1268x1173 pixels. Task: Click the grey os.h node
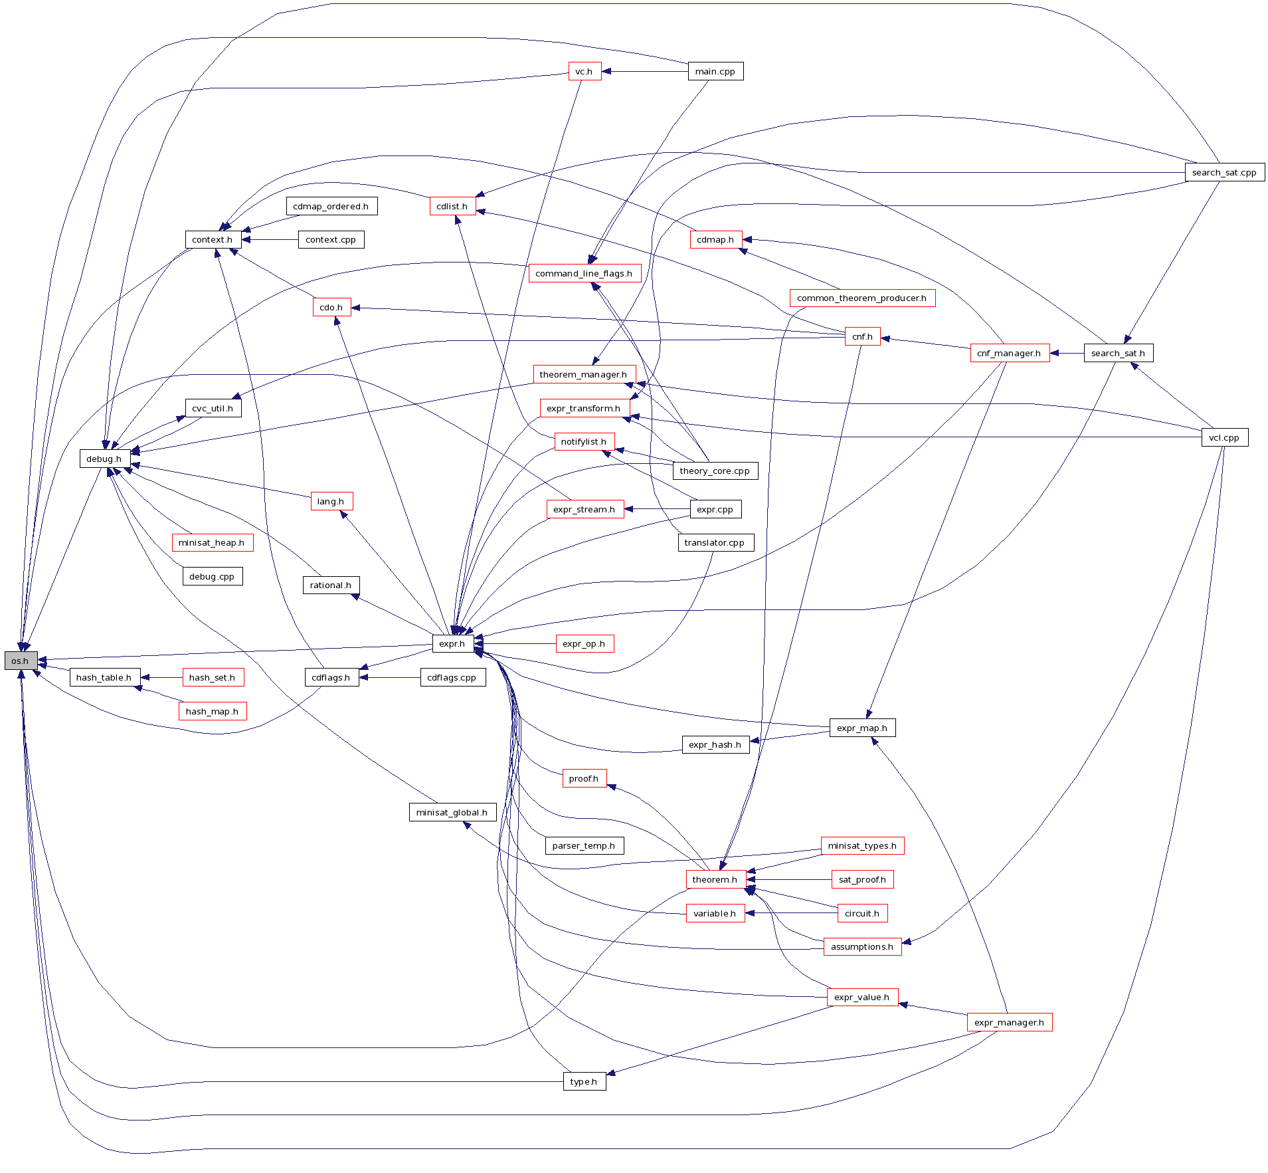pyautogui.click(x=21, y=661)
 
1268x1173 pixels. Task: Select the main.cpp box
pyautogui.click(x=715, y=71)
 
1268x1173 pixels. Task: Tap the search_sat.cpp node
pyautogui.click(x=1224, y=172)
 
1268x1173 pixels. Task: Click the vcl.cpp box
pyautogui.click(x=1224, y=437)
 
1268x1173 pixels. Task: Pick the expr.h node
pyautogui.click(x=452, y=643)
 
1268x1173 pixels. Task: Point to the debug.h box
pyautogui.click(x=104, y=459)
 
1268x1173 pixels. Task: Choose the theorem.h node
pyautogui.click(x=715, y=879)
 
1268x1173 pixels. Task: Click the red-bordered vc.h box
pyautogui.click(x=585, y=71)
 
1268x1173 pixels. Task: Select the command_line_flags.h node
pyautogui.click(x=584, y=273)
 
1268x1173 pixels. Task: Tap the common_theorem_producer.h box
pyautogui.click(x=861, y=298)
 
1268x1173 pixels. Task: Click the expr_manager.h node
pyautogui.click(x=1009, y=1022)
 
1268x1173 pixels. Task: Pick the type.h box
pyautogui.click(x=584, y=1081)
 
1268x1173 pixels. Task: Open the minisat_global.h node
pyautogui.click(x=452, y=812)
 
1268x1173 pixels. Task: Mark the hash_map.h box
pyautogui.click(x=212, y=711)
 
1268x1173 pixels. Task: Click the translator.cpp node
pyautogui.click(x=715, y=542)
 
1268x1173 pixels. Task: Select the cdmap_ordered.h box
pyautogui.click(x=331, y=206)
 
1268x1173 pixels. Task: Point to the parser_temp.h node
pyautogui.click(x=584, y=845)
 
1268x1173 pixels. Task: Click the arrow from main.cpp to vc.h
pyautogui.click(x=644, y=71)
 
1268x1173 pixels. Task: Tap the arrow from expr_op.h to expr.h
pyautogui.click(x=515, y=643)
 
